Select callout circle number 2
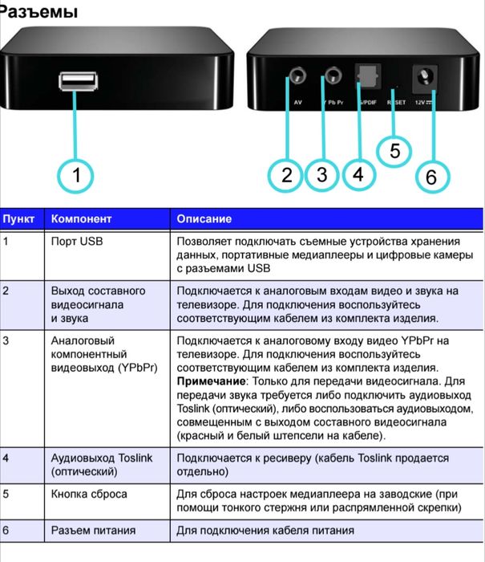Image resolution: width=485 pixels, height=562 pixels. click(x=287, y=175)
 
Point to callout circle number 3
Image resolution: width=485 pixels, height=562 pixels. click(x=321, y=175)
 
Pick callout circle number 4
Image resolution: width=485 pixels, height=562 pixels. click(x=358, y=175)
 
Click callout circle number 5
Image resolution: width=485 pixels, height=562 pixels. click(x=394, y=150)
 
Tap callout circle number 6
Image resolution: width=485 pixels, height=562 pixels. click(x=431, y=177)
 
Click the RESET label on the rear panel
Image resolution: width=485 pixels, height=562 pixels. click(x=397, y=103)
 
